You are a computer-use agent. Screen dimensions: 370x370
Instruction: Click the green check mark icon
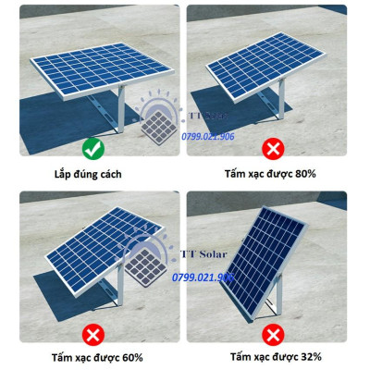click(92, 147)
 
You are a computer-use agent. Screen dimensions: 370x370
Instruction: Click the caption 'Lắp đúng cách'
click(92, 173)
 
